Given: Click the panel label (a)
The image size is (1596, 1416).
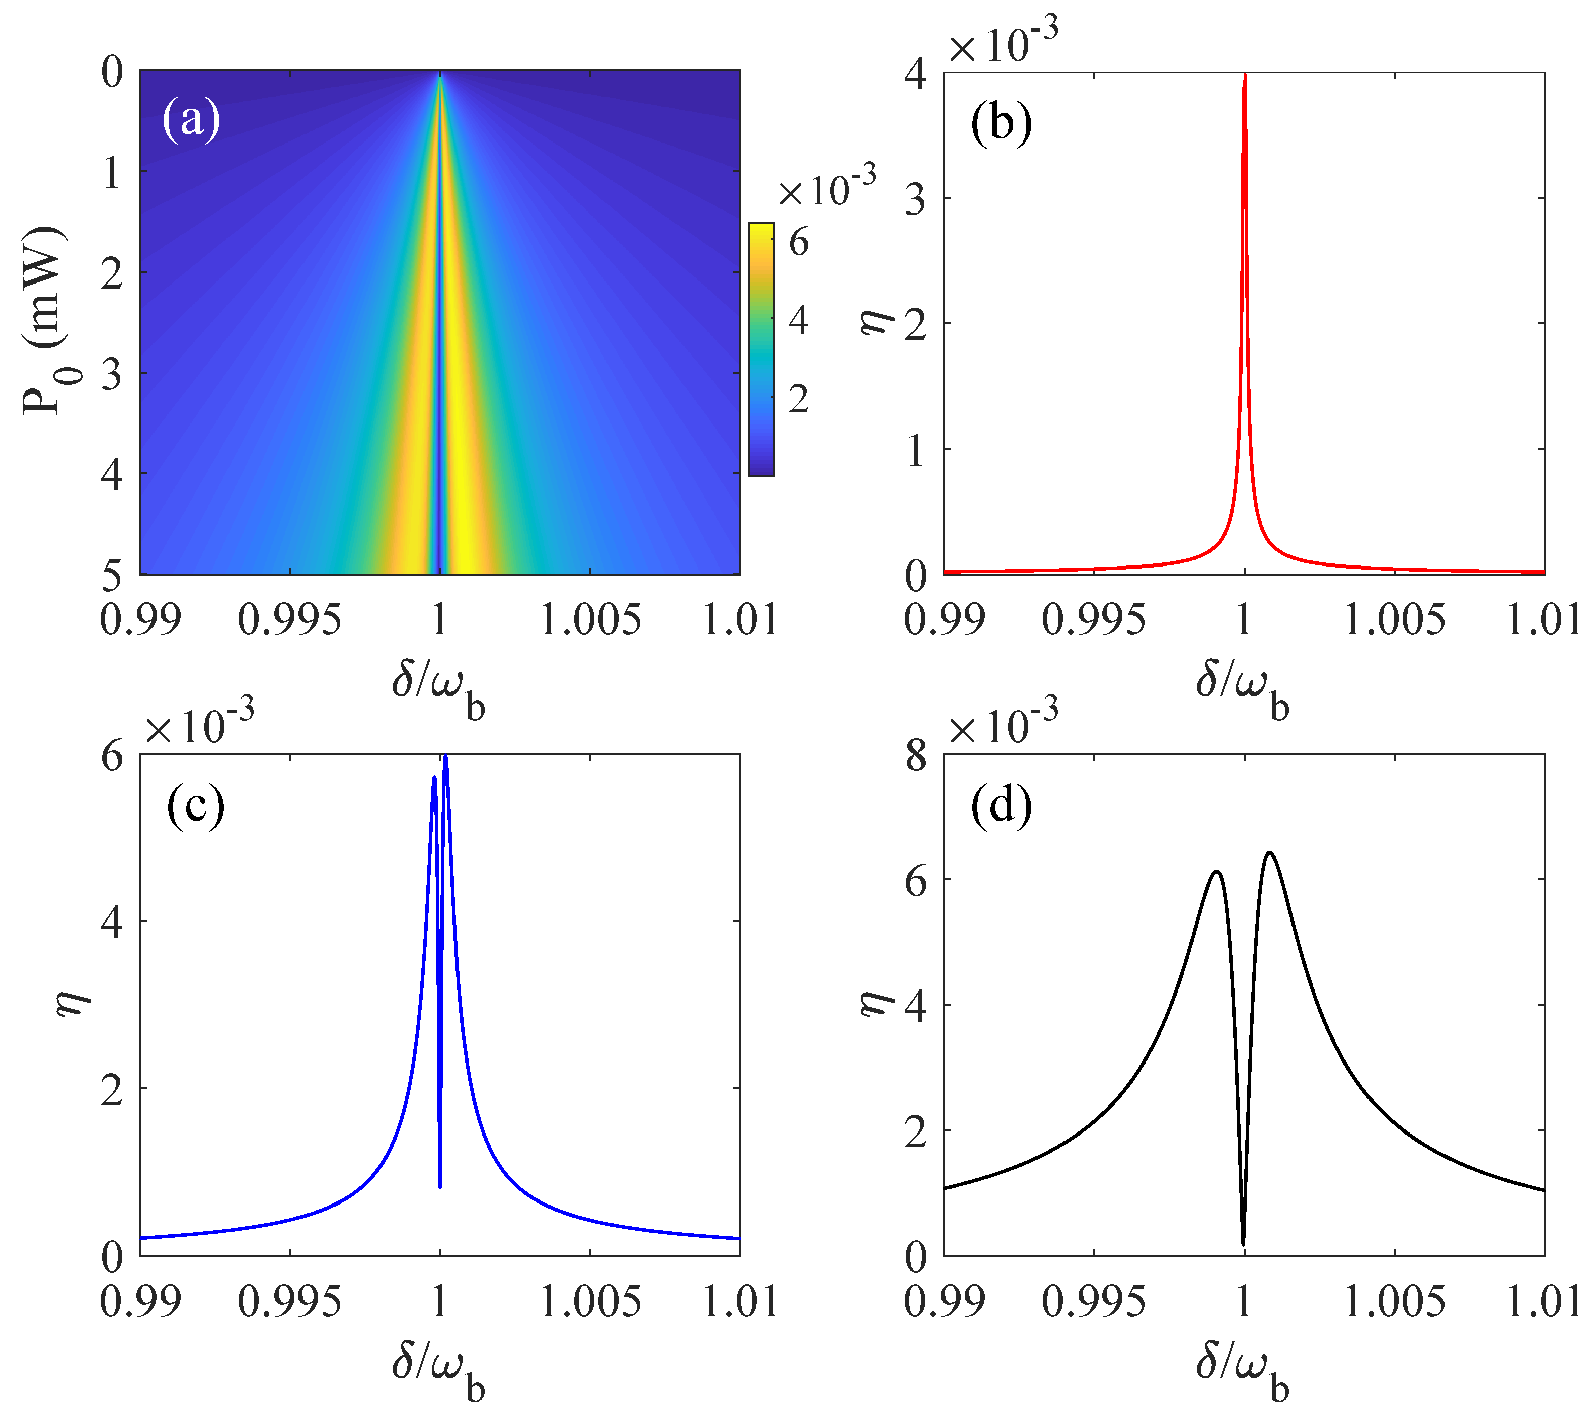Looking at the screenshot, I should point(191,120).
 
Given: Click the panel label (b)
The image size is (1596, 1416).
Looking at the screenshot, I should point(1001,123).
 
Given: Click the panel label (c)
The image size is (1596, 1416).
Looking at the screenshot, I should point(195,807).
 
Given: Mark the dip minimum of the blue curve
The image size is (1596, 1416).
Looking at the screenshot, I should point(440,1187).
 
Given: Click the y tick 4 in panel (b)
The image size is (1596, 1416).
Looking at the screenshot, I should point(915,75).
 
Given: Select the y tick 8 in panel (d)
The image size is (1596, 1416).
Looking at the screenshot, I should point(915,757).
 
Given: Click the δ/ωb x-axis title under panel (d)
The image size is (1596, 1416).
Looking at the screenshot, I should point(1242,1371).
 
